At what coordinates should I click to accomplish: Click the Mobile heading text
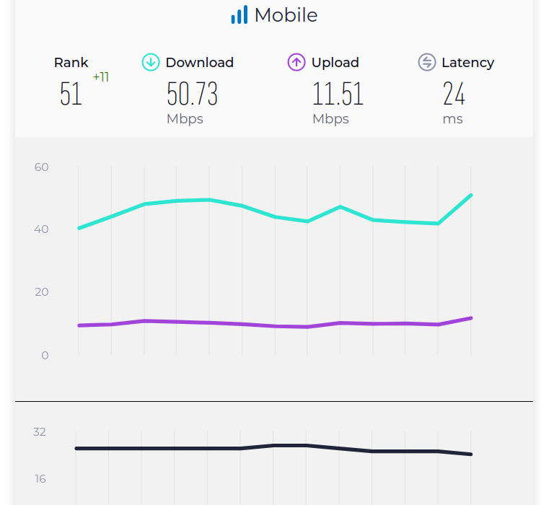click(286, 15)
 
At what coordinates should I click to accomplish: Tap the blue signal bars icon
click(239, 15)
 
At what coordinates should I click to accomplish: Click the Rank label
click(71, 63)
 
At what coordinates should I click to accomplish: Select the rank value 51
click(71, 95)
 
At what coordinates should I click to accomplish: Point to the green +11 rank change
click(101, 77)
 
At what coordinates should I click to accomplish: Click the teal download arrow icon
click(150, 63)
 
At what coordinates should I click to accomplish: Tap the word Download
click(200, 63)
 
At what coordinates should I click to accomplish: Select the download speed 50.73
click(192, 95)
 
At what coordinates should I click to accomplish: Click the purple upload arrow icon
click(296, 63)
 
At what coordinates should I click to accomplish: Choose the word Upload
click(335, 63)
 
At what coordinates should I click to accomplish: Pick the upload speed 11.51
click(338, 95)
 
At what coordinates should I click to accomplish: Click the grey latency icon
click(427, 63)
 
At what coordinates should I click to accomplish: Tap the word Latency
click(467, 63)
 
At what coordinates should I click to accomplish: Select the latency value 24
click(454, 95)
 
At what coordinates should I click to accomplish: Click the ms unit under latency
click(453, 119)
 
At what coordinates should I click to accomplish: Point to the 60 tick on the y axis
click(41, 167)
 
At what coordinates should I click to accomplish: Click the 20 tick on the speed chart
click(41, 292)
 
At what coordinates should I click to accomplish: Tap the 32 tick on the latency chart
click(40, 432)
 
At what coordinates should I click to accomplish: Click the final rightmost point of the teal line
click(471, 195)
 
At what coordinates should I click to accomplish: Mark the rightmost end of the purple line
click(471, 318)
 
